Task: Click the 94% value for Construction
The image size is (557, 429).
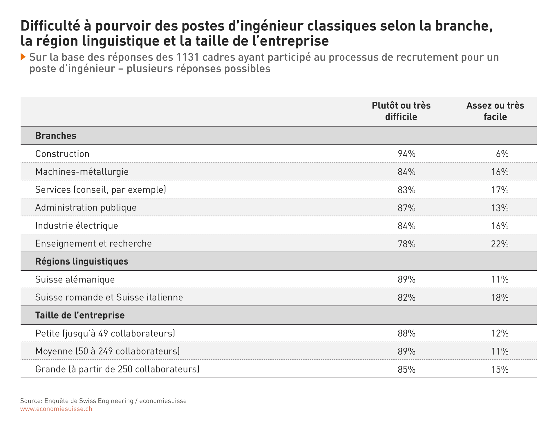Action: click(406, 154)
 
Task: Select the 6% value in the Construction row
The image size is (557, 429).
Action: click(502, 154)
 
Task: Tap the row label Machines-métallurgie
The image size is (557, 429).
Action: click(82, 172)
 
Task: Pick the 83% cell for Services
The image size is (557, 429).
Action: click(406, 190)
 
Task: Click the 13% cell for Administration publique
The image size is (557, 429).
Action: click(500, 208)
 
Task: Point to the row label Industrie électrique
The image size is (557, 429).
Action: click(77, 226)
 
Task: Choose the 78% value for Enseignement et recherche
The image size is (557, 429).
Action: click(406, 244)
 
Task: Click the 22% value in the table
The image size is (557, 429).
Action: click(500, 244)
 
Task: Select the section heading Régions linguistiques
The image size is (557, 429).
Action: click(82, 262)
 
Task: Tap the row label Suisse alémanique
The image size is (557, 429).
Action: click(75, 280)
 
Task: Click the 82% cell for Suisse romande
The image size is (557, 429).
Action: click(406, 298)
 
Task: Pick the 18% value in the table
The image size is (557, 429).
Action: click(500, 298)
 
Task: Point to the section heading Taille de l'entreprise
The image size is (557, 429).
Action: click(80, 315)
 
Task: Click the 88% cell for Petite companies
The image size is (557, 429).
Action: click(406, 334)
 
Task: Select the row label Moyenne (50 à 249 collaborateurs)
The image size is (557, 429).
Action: click(108, 351)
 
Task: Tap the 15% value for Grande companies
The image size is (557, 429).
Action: click(500, 370)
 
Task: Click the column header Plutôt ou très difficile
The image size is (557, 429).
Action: click(401, 111)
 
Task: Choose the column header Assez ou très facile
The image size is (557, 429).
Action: click(495, 111)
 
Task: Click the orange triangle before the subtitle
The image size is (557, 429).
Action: click(23, 57)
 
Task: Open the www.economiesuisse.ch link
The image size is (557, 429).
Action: click(56, 409)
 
